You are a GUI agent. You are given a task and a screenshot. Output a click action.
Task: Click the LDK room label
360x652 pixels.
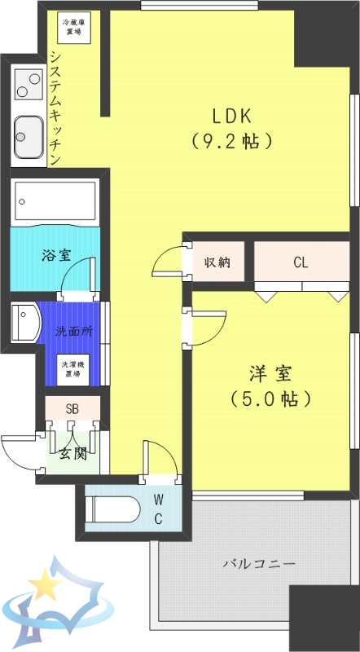pyautogui.click(x=232, y=115)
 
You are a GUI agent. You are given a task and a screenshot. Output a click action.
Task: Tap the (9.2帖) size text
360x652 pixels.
pyautogui.click(x=232, y=141)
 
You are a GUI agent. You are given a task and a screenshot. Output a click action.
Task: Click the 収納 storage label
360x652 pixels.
pyautogui.click(x=217, y=262)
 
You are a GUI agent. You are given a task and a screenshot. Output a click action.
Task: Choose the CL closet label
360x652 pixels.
pyautogui.click(x=301, y=262)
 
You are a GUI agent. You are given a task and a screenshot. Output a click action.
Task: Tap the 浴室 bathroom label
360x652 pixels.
pyautogui.click(x=56, y=254)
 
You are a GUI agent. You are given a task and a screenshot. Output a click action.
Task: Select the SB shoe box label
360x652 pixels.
pyautogui.click(x=72, y=408)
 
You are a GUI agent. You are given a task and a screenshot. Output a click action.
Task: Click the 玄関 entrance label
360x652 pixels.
pyautogui.click(x=72, y=453)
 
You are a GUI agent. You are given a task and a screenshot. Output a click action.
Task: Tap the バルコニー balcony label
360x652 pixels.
pyautogui.click(x=260, y=564)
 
